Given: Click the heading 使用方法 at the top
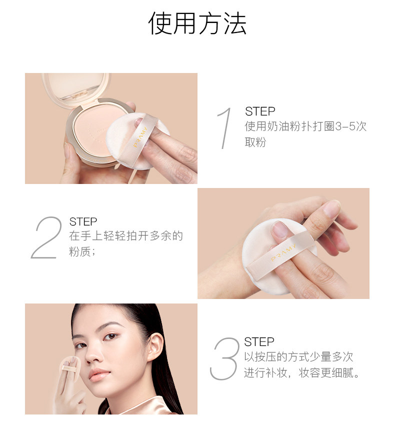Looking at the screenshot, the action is [x=197, y=23].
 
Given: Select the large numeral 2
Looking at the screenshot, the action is [x=46, y=237].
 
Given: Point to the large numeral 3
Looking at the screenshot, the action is [x=224, y=358].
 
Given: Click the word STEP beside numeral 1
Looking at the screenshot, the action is [x=260, y=111].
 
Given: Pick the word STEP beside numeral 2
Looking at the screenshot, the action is [x=83, y=222].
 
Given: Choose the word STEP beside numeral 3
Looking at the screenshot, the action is [x=259, y=341].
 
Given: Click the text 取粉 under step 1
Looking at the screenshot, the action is [x=255, y=142].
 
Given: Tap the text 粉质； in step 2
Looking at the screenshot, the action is [x=82, y=251].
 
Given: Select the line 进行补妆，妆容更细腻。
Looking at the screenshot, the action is [x=302, y=372].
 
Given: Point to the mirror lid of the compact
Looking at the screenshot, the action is [x=76, y=88].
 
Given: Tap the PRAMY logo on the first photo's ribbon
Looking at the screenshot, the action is [x=140, y=137].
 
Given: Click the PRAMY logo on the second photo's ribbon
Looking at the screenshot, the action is [x=284, y=252].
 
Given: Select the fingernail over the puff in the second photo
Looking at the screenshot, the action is [x=280, y=229].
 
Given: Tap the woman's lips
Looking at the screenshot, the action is [x=99, y=373].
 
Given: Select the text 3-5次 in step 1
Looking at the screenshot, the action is [x=350, y=126].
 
